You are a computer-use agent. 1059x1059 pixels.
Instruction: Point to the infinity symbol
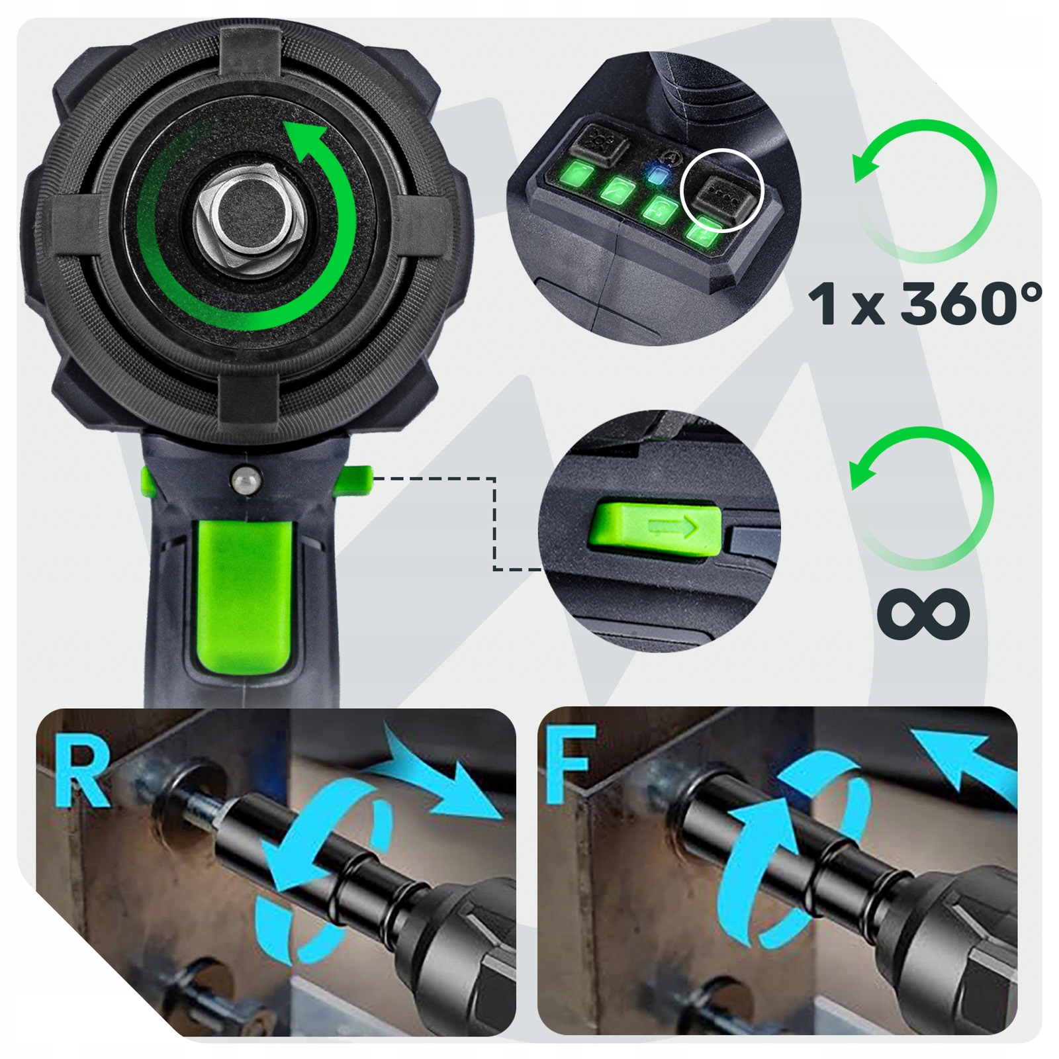(x=924, y=612)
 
